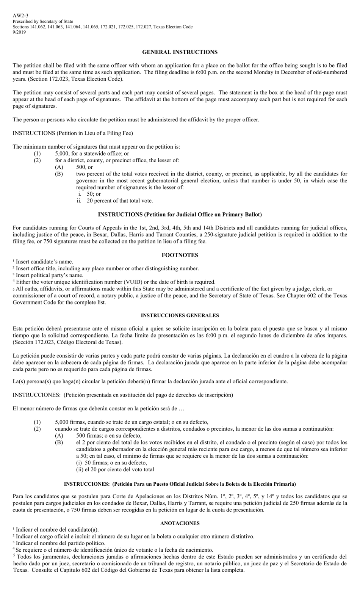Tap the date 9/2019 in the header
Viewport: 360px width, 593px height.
pos(19,32)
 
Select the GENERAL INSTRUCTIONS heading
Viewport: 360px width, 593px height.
pos(180,52)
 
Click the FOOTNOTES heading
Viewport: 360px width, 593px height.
pos(180,255)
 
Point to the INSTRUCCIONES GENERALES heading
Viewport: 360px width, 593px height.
pos(180,315)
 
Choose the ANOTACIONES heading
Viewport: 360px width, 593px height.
pos(180,523)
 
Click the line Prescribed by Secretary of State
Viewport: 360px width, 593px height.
pos(43,22)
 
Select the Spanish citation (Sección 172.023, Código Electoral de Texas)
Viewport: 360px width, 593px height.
pos(68,342)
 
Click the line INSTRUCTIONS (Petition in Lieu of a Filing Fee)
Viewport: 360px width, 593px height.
pos(73,133)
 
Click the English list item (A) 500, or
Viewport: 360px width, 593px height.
pos(84,167)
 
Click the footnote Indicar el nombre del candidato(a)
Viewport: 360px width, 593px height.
pos(57,530)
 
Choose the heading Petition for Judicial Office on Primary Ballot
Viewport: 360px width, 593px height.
pos(180,214)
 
